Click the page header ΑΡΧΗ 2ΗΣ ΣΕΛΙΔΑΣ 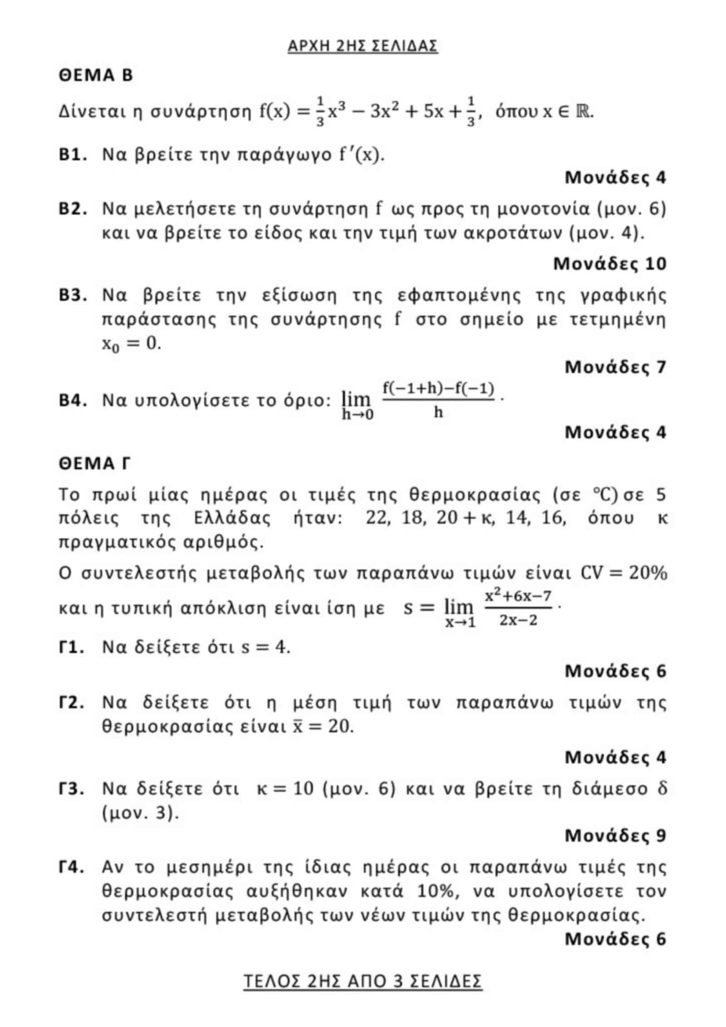point(363,46)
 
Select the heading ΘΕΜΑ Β point(96,75)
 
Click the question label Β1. point(73,155)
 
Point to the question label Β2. point(73,209)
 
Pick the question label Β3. point(73,295)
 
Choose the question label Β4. point(73,400)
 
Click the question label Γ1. point(72,647)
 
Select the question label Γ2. point(72,703)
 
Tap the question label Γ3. point(72,789)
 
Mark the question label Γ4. point(72,867)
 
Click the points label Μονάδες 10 point(609,264)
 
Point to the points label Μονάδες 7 point(615,367)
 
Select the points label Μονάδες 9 point(615,835)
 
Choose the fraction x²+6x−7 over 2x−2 point(518,608)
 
